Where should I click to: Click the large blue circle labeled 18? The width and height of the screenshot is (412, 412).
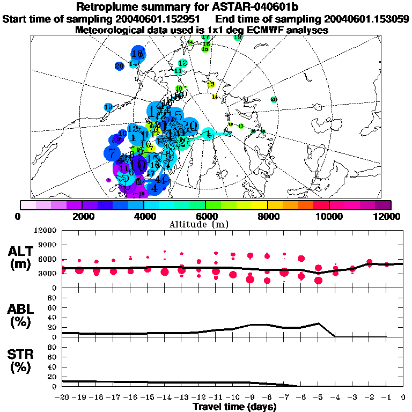(138, 53)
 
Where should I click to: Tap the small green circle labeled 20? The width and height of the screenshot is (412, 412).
(274, 99)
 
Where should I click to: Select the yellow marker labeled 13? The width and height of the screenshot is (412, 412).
(211, 84)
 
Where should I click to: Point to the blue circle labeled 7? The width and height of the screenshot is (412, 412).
(112, 153)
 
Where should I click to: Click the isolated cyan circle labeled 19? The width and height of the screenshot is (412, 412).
(108, 107)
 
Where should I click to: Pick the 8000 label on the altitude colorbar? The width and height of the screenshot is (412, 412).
(267, 216)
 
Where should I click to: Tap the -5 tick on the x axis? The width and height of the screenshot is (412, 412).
(318, 398)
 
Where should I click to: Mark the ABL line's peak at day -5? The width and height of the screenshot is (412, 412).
(319, 323)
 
